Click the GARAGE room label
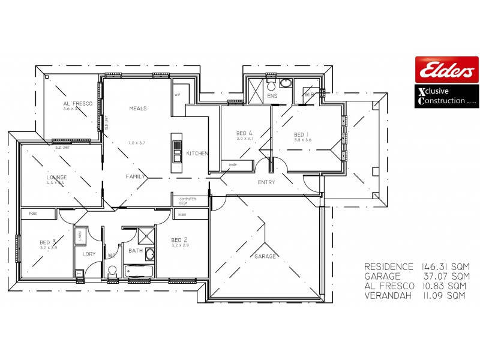[265, 256]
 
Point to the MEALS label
[138, 109]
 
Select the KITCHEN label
[197, 154]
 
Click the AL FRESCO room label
[78, 104]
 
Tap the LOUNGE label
[56, 178]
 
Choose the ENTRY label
[266, 182]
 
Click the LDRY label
[89, 254]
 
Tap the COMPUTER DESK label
[187, 201]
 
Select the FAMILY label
[136, 177]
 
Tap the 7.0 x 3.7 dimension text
[137, 143]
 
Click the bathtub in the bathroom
[139, 272]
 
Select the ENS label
[272, 95]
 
